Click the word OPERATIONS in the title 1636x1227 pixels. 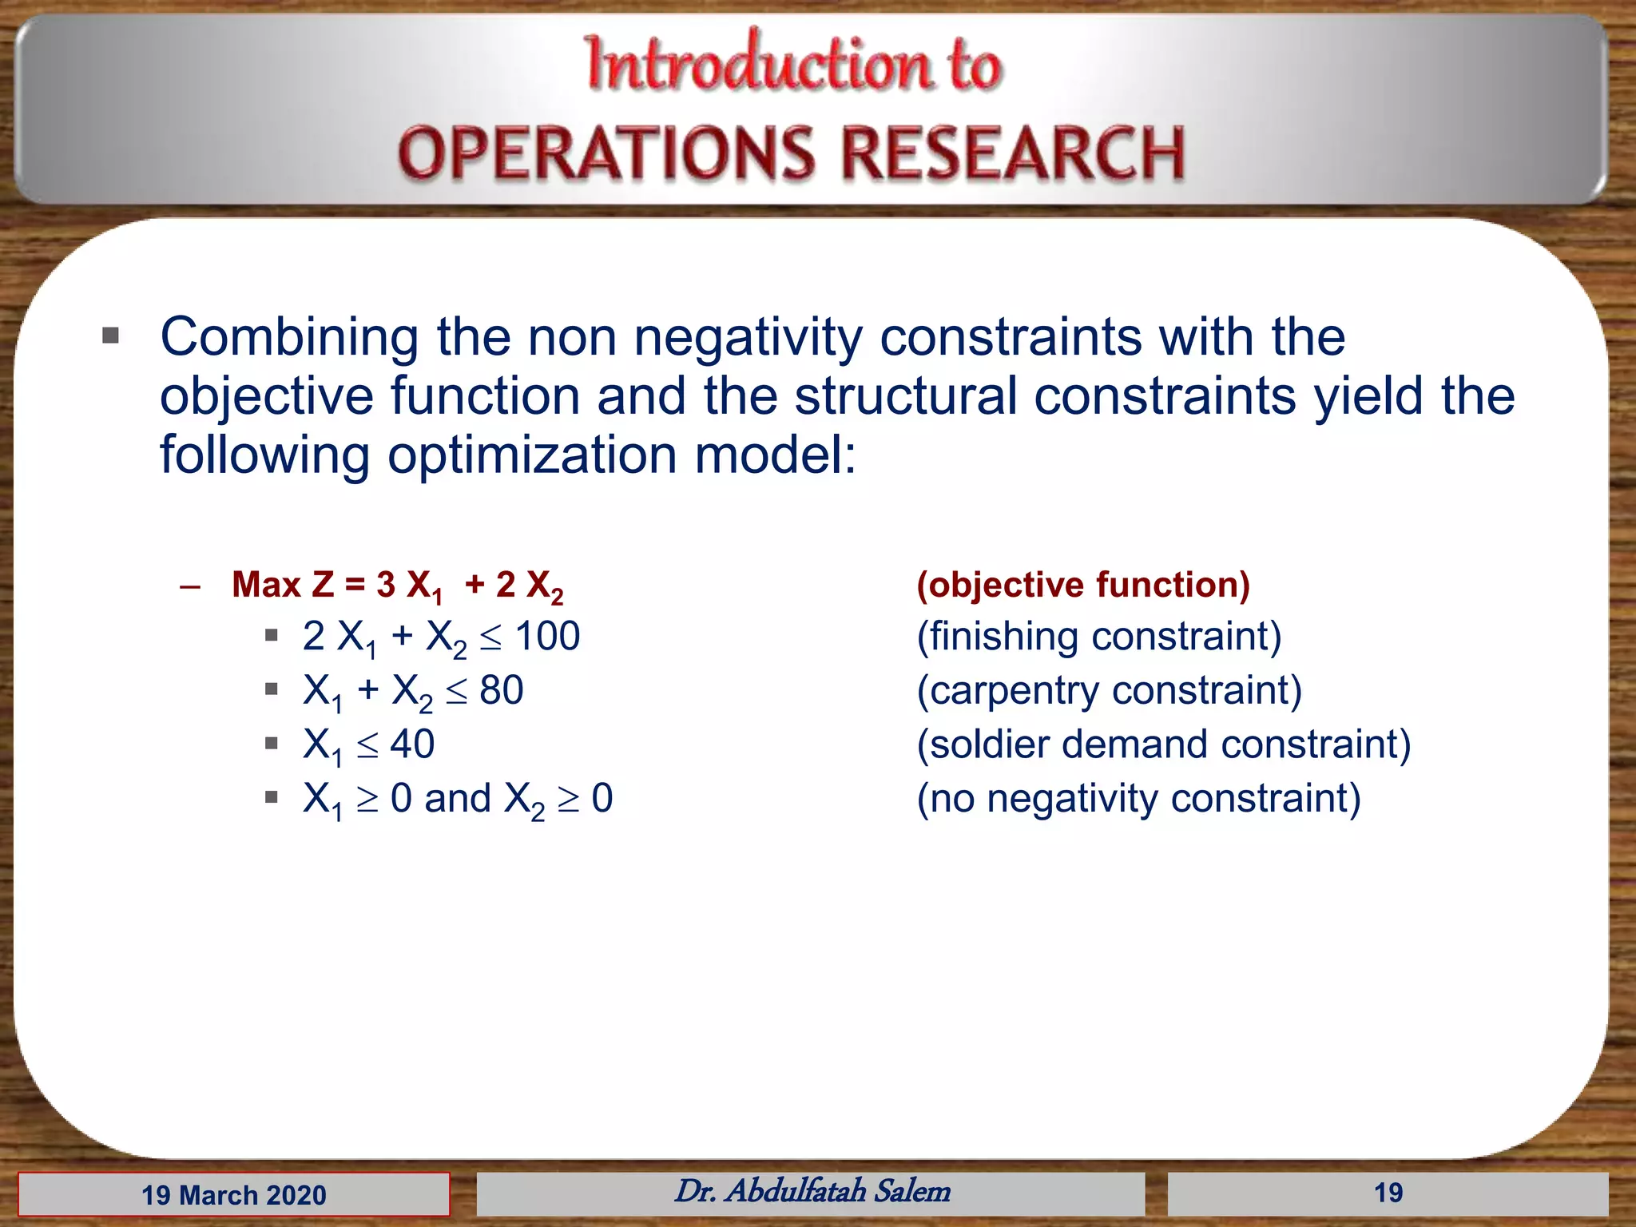point(606,153)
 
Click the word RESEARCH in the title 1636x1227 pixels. point(1013,153)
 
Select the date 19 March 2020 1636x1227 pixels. point(234,1195)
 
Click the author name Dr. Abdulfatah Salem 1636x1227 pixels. point(812,1191)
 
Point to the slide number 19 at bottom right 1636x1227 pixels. point(1388,1193)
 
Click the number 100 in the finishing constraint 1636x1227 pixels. point(547,637)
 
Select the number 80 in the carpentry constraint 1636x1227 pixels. point(501,690)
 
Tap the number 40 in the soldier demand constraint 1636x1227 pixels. point(412,744)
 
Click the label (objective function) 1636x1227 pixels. point(1082,585)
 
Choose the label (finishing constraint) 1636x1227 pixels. point(1098,637)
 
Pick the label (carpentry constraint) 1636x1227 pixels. point(1109,690)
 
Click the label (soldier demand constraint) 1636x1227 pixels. point(1163,744)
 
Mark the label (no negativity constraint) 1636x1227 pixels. point(1138,798)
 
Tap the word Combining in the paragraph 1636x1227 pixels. point(288,337)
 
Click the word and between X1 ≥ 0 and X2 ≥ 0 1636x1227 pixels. point(457,798)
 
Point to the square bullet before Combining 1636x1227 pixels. point(111,336)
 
